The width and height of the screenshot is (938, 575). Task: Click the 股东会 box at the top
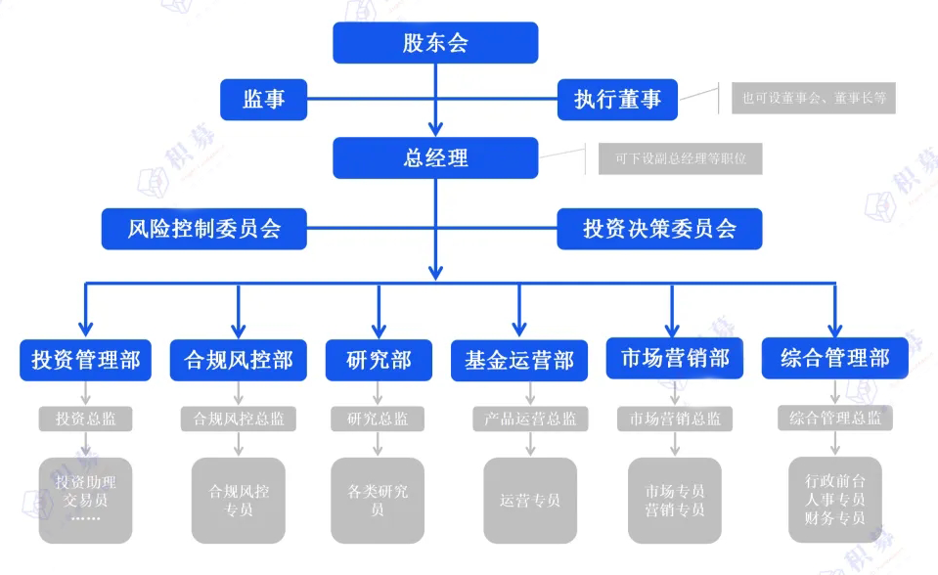point(435,43)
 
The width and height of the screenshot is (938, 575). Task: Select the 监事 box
point(264,99)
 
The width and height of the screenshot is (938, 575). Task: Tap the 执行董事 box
point(617,99)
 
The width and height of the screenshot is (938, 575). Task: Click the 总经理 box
point(435,157)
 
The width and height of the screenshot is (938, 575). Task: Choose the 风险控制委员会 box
point(204,229)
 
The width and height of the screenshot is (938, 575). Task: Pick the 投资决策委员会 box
point(659,229)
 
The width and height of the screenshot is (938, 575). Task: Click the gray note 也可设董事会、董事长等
point(813,98)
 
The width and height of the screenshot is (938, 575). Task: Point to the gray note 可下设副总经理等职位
point(680,157)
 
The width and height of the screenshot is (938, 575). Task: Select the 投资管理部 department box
point(86,360)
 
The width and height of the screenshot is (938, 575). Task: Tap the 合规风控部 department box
point(239,360)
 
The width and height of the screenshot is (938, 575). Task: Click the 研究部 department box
point(379,360)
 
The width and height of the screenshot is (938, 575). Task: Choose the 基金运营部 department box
point(519,360)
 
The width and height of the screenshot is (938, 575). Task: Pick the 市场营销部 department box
point(675,358)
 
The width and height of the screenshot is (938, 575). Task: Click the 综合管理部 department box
point(834,358)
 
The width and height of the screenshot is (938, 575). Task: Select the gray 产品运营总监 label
point(530,419)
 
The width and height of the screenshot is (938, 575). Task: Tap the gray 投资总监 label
point(86,419)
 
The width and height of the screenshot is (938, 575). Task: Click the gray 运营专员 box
point(530,501)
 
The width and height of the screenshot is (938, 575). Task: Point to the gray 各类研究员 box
point(378,501)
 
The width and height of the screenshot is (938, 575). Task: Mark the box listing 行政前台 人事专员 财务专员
point(834,499)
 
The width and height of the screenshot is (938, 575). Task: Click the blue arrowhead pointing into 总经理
point(435,128)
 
